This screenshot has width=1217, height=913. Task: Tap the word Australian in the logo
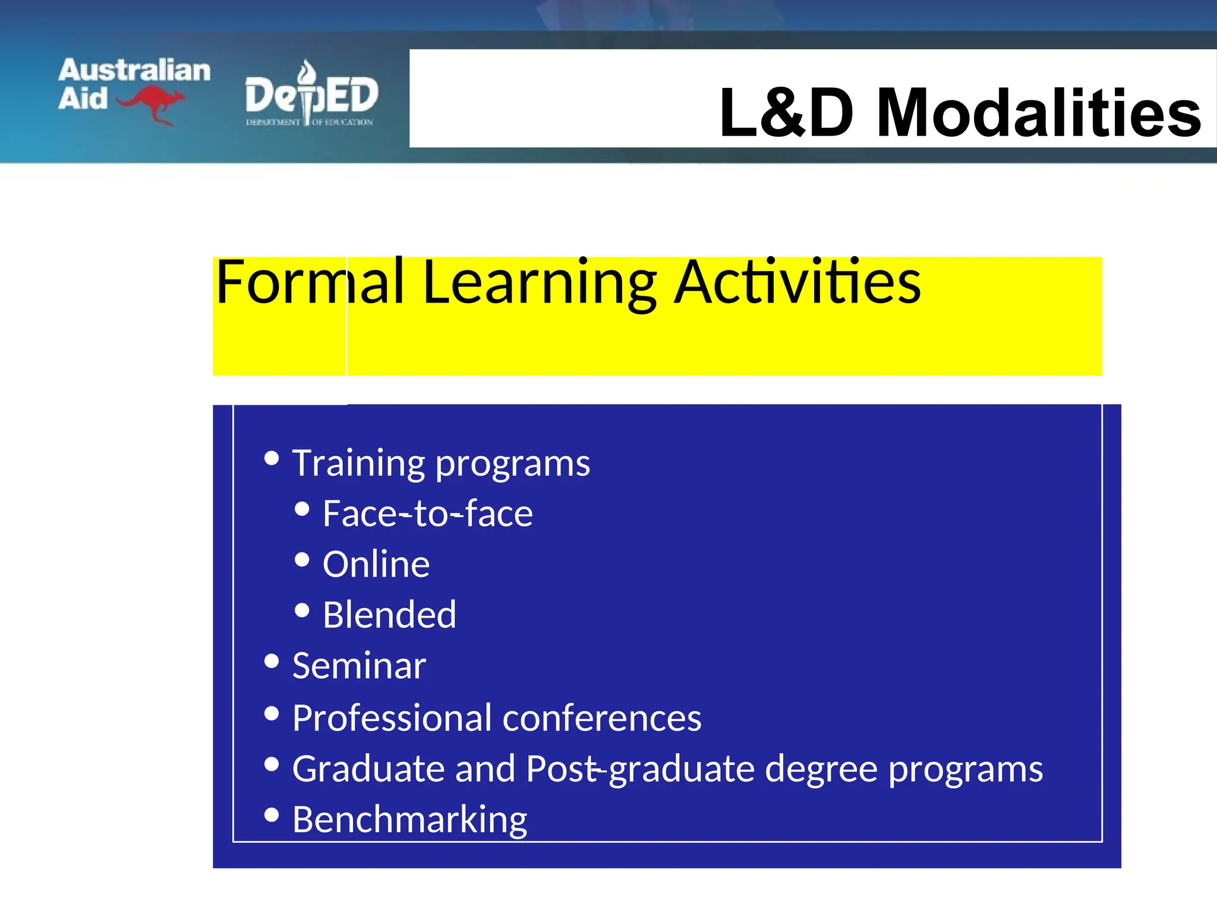[134, 70]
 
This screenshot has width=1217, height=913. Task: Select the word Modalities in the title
[1039, 113]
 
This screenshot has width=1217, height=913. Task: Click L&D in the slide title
[787, 113]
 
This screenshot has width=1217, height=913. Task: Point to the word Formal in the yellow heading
[310, 282]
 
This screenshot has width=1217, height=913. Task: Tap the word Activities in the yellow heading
[799, 282]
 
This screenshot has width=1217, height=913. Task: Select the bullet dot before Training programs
[272, 458]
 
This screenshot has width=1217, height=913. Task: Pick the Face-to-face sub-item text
[427, 514]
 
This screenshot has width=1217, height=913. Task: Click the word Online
[376, 564]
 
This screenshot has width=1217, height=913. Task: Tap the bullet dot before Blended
[302, 610]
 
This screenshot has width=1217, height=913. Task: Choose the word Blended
[389, 615]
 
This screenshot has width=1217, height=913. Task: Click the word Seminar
[359, 666]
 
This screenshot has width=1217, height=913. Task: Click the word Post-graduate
[640, 769]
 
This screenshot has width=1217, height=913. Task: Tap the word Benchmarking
[409, 820]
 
